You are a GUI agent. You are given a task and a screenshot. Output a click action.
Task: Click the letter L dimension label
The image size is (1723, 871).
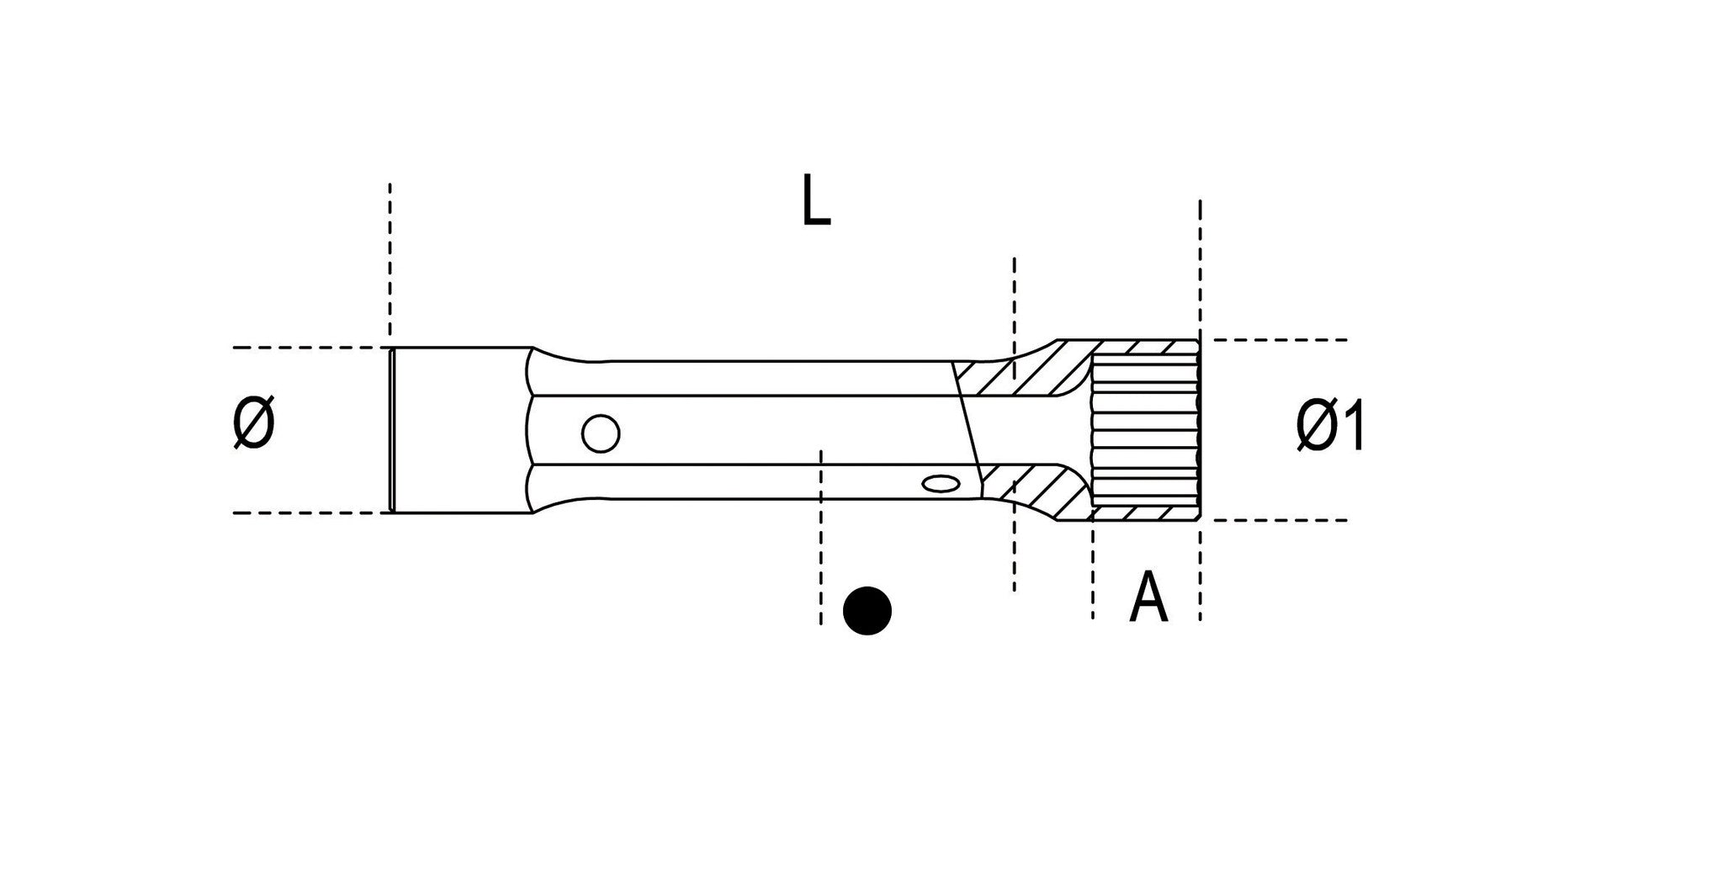click(x=815, y=201)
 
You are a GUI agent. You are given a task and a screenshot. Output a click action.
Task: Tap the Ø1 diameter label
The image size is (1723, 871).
click(x=1329, y=427)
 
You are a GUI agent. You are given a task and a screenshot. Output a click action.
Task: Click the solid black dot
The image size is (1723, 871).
click(x=867, y=610)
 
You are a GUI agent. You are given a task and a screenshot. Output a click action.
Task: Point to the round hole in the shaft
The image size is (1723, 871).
click(x=601, y=434)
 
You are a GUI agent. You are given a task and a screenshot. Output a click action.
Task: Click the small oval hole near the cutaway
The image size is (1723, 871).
click(x=940, y=484)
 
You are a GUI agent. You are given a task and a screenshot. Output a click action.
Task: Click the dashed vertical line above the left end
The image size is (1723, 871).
click(x=390, y=252)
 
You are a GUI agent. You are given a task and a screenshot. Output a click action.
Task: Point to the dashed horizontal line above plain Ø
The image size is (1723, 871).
click(x=303, y=348)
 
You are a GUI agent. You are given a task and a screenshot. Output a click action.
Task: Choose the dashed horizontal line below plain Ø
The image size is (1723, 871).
click(x=303, y=513)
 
